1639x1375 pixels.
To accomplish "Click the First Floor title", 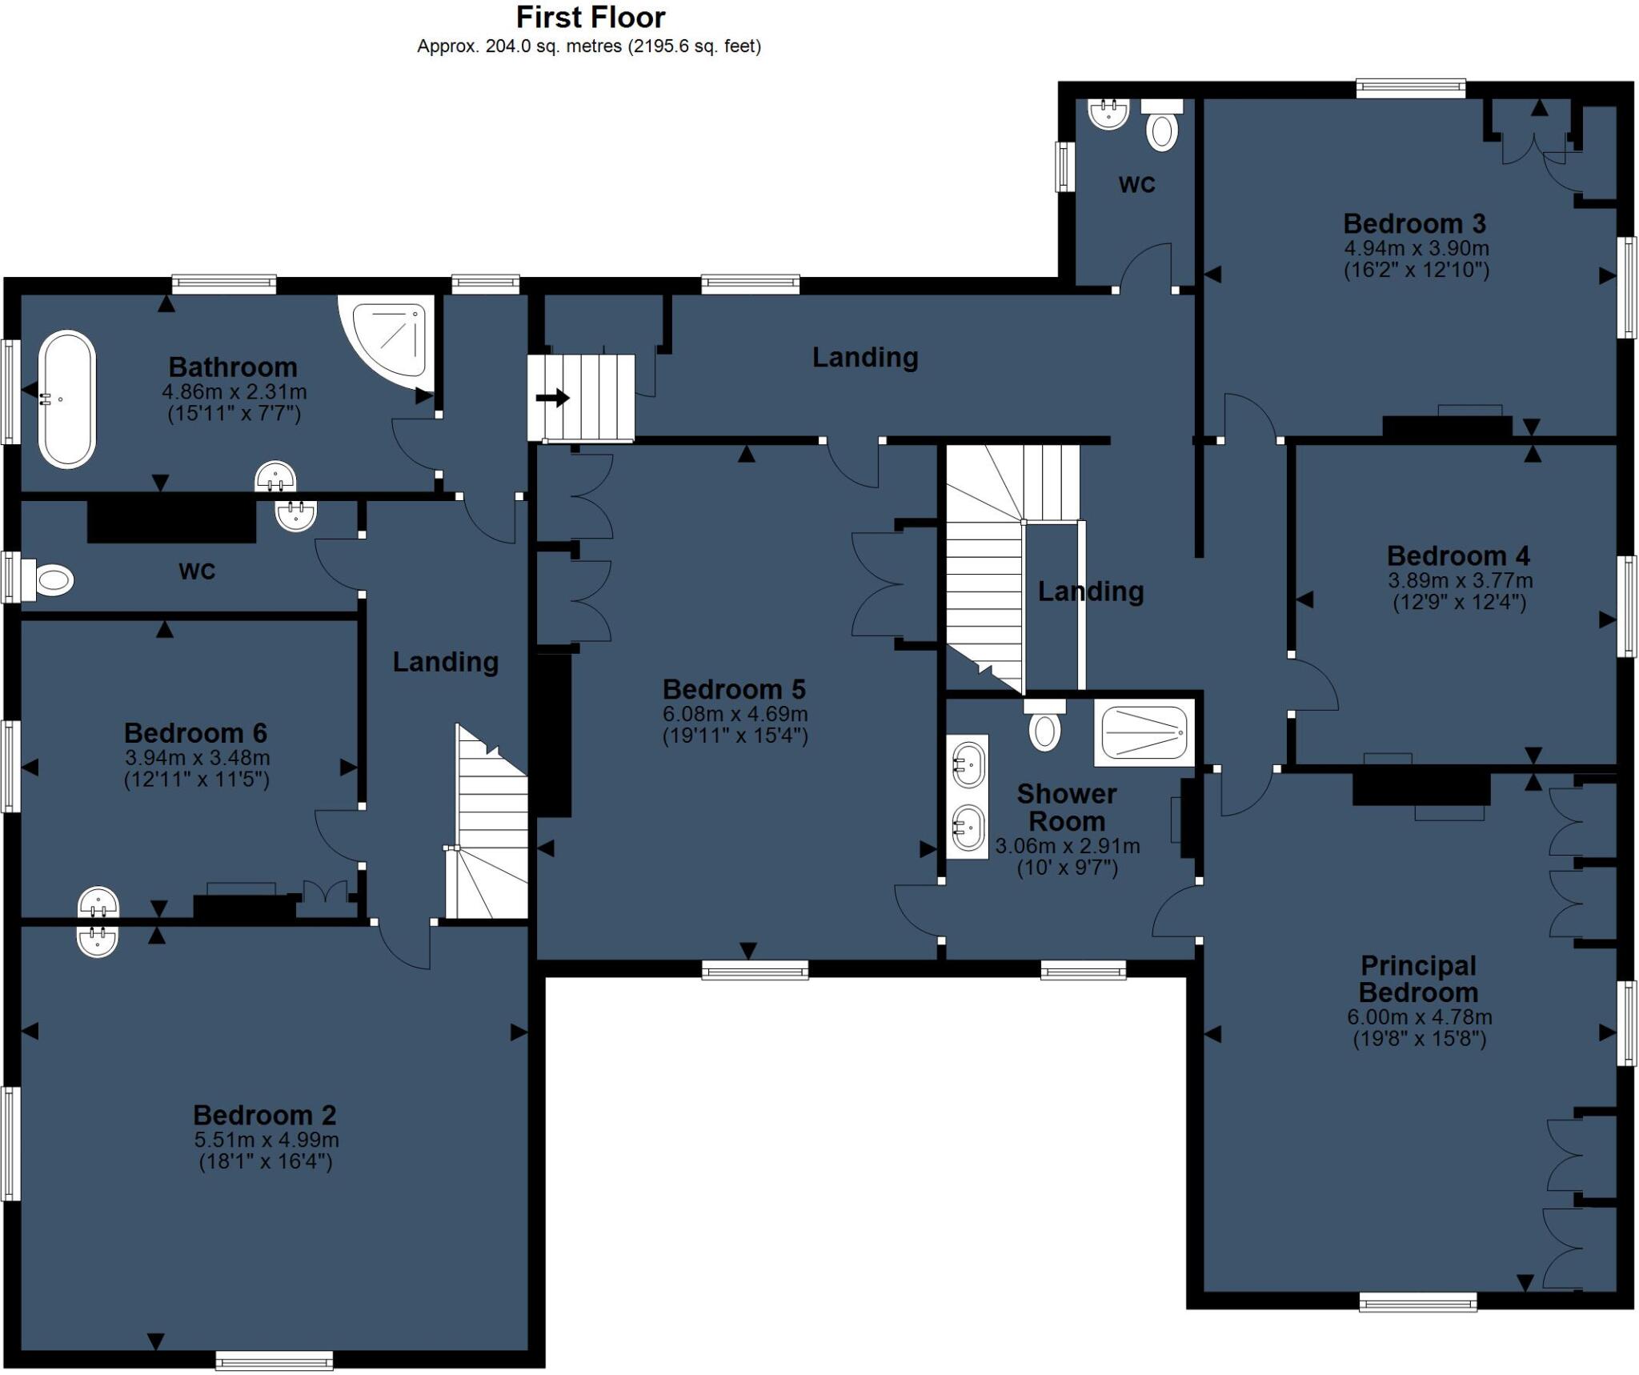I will (591, 17).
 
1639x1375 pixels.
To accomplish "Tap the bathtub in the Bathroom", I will (67, 399).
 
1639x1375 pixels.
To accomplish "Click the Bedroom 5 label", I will (734, 689).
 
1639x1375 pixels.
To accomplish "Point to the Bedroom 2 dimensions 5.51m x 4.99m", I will (266, 1140).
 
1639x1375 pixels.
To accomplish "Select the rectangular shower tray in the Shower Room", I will (1144, 732).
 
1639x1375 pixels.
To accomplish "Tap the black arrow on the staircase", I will (553, 398).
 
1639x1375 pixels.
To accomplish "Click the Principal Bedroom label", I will (1418, 979).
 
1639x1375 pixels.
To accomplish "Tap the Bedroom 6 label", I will (195, 732).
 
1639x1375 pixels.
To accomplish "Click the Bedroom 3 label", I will (1414, 223).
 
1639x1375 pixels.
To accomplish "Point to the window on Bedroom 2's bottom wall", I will (274, 1360).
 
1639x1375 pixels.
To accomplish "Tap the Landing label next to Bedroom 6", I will (445, 661).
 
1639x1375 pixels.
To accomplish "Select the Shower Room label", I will (1067, 807).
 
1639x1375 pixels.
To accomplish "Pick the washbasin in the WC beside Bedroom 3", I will (1108, 114).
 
